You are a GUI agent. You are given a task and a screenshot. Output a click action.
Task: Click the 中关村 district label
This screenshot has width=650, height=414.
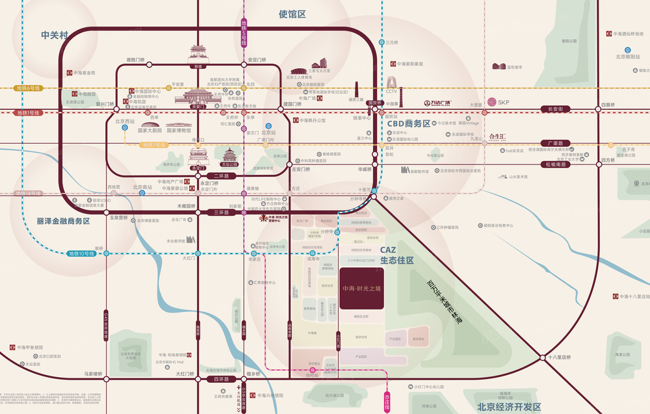54,35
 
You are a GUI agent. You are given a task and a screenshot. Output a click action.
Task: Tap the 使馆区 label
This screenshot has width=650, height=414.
292,14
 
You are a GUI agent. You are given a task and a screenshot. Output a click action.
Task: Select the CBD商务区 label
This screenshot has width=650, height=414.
409,123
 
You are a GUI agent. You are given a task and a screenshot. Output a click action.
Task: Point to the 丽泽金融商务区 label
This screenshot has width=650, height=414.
63,221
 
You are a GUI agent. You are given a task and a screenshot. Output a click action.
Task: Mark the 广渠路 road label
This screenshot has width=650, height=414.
554,143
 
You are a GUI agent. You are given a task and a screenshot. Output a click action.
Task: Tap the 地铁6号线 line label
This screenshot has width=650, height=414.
28,88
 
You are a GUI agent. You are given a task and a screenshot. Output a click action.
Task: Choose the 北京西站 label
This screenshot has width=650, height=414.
124,121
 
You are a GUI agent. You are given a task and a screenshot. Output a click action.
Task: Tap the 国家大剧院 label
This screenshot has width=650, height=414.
150,130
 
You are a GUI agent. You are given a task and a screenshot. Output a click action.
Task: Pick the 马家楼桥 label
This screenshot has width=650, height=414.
94,374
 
